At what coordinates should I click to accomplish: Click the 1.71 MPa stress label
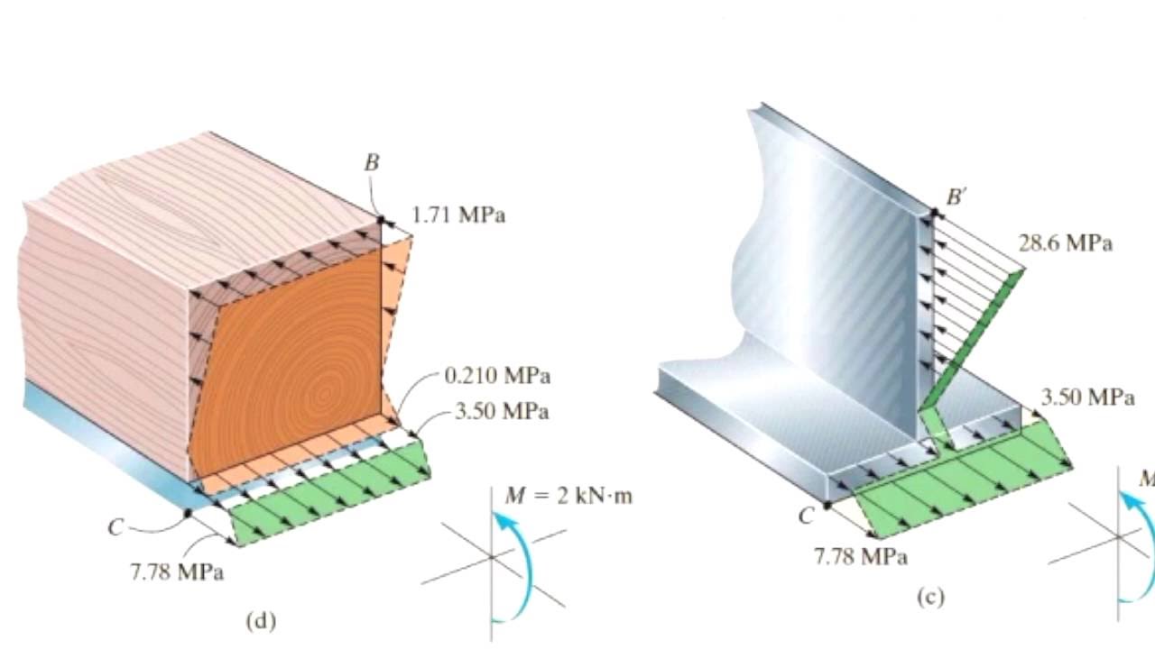pyautogui.click(x=458, y=215)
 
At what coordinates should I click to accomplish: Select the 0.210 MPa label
pyautogui.click(x=497, y=376)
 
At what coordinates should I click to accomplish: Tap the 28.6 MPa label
pyautogui.click(x=1066, y=243)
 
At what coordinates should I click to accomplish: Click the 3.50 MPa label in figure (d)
pyautogui.click(x=502, y=412)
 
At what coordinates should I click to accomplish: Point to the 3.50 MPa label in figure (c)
pyautogui.click(x=1088, y=398)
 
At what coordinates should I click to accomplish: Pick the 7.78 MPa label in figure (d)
pyautogui.click(x=178, y=572)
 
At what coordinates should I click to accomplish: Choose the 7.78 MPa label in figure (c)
pyautogui.click(x=861, y=557)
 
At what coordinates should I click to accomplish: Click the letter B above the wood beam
pyautogui.click(x=372, y=163)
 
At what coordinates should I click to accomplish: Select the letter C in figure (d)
pyautogui.click(x=116, y=527)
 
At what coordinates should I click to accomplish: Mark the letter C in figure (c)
pyautogui.click(x=806, y=516)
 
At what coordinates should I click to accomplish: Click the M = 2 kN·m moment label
pyautogui.click(x=568, y=496)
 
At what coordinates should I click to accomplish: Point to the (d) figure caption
pyautogui.click(x=262, y=621)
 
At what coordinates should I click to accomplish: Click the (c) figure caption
pyautogui.click(x=931, y=598)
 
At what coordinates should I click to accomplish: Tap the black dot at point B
pyautogui.click(x=382, y=220)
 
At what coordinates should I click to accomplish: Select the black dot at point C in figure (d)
pyautogui.click(x=189, y=513)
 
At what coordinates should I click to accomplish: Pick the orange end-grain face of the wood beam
pyautogui.click(x=289, y=361)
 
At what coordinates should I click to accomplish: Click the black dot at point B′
pyautogui.click(x=934, y=212)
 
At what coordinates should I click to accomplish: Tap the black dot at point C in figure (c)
pyautogui.click(x=827, y=507)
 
